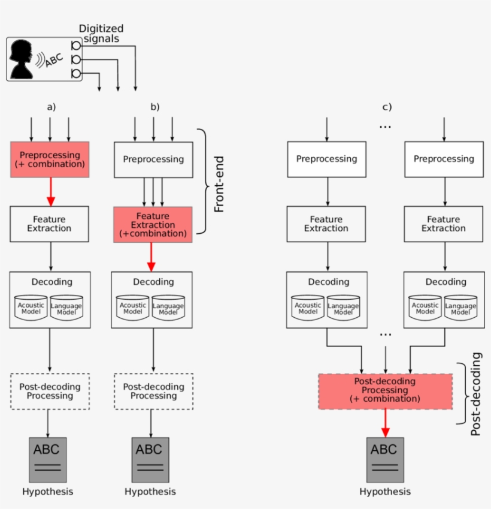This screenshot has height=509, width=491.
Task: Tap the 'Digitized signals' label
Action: [101, 34]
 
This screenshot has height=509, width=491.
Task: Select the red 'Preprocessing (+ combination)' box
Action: [50, 159]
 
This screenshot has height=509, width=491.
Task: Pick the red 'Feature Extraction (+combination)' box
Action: [153, 225]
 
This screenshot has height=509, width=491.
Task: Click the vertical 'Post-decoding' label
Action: [475, 393]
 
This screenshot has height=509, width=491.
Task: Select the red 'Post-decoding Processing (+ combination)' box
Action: [385, 391]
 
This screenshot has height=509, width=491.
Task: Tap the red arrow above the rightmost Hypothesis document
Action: [385, 423]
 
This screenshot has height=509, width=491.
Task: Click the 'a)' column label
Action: [51, 107]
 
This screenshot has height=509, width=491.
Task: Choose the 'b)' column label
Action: [154, 107]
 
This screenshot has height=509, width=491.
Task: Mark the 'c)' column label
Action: [387, 107]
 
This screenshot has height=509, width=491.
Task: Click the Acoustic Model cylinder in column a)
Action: [31, 308]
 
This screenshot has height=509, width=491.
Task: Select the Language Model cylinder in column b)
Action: [169, 308]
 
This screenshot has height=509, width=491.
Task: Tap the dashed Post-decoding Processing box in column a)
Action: [50, 391]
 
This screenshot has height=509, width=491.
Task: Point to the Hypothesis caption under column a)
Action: [48, 492]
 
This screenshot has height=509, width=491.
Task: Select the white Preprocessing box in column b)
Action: [153, 159]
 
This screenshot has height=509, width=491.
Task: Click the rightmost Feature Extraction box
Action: [444, 224]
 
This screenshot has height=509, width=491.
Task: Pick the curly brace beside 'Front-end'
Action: [205, 180]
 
